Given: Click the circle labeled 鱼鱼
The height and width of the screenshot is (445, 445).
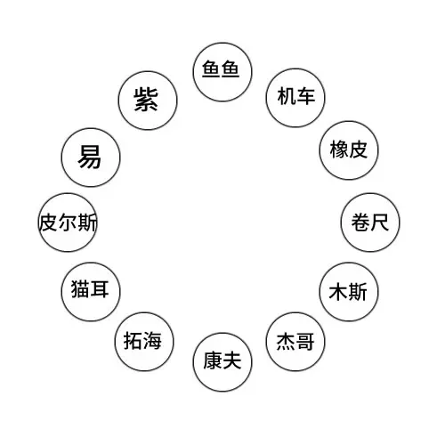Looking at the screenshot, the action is coord(222,72).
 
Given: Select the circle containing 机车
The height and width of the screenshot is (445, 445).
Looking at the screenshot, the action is coord(295,98).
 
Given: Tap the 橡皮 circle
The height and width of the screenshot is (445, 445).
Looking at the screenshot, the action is coord(349,150).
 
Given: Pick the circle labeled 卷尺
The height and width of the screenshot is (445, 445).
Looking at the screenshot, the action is coord(370,222).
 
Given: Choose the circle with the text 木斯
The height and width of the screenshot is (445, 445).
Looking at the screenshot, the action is coord(349,292).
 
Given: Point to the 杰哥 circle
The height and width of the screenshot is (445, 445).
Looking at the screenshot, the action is coord(295,342).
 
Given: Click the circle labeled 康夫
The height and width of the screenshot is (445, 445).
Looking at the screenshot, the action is coord(222,362).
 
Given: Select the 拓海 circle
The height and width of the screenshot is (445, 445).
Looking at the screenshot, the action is coord(144,342).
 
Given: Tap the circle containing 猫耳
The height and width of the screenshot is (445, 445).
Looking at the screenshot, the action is coord(91,292).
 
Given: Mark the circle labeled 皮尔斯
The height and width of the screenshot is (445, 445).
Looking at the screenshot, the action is coord(68,222).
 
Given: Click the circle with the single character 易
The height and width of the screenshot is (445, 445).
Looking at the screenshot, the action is coord(91,158).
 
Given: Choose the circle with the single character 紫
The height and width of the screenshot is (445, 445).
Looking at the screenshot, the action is coord(148,101).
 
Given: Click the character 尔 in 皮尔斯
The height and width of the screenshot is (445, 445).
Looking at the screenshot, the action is coord(68,222).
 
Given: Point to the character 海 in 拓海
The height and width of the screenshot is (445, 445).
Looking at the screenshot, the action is coord(152,341).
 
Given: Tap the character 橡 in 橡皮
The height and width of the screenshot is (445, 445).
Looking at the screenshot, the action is coord(339,150).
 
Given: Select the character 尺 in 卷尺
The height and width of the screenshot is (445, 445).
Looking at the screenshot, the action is coord(379,222).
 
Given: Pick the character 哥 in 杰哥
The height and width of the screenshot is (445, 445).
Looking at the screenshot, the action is coord(305,342).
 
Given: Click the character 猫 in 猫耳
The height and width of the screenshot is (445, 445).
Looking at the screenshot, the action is coord(80,289).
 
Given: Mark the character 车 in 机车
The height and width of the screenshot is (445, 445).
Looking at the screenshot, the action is coord(305,96).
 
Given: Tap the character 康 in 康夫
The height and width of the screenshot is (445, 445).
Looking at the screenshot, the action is coord(213,360).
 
